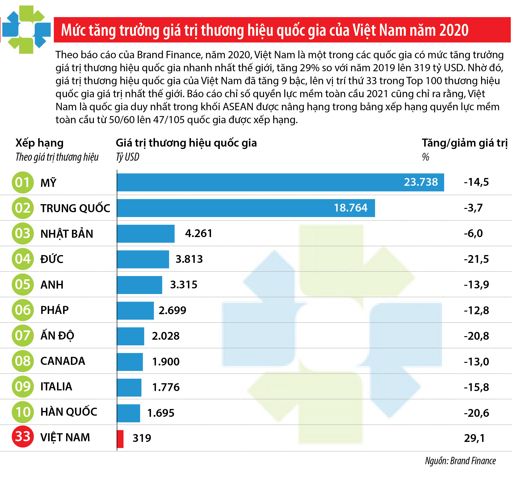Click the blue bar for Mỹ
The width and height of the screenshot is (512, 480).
(x=280, y=182)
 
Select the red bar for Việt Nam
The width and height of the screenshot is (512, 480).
(x=120, y=439)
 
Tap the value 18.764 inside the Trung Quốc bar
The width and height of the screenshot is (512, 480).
(x=350, y=208)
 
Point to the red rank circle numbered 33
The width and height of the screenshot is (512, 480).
(x=23, y=436)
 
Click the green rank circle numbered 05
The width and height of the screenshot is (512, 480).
(x=23, y=284)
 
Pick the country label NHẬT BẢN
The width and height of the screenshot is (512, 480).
(x=67, y=234)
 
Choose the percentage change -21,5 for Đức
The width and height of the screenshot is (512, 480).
(x=476, y=259)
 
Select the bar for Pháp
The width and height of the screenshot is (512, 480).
(x=135, y=310)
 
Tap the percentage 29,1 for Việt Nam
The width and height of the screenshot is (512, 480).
(x=474, y=438)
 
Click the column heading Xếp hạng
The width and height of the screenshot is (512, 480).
(x=39, y=143)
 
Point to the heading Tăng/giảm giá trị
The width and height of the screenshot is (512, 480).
(x=464, y=143)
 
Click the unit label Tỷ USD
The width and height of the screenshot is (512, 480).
(x=127, y=157)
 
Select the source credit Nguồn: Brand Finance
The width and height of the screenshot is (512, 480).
(x=460, y=461)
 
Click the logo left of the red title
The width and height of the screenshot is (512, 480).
(x=26, y=30)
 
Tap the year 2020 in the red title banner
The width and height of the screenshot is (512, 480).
(x=454, y=30)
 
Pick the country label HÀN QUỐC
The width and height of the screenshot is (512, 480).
(x=69, y=412)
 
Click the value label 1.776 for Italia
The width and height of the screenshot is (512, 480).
(x=166, y=387)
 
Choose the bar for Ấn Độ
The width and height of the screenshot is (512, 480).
(x=130, y=336)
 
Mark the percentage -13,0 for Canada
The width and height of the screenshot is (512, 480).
(x=476, y=362)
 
